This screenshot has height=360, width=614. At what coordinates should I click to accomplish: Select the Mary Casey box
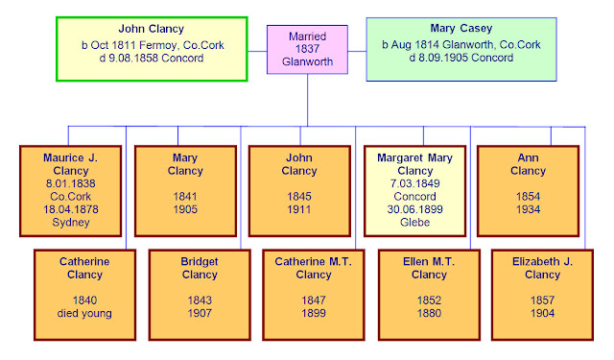pyautogui.click(x=461, y=49)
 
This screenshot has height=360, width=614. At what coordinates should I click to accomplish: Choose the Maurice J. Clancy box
pyautogui.click(x=70, y=188)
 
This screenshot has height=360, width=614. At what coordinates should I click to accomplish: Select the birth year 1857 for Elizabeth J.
pyautogui.click(x=542, y=300)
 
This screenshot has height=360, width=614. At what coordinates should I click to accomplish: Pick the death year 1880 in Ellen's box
pyautogui.click(x=428, y=313)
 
